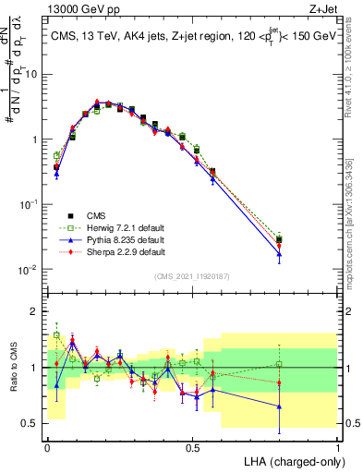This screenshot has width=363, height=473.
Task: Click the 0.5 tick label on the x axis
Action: [192, 446]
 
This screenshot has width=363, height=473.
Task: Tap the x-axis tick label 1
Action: [338, 446]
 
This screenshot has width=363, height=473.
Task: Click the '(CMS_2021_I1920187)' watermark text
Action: [191, 276]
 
